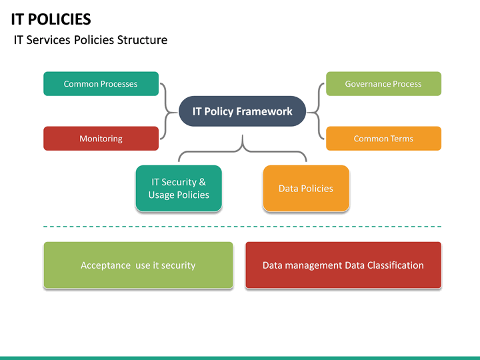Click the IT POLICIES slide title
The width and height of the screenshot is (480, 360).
pos(51,19)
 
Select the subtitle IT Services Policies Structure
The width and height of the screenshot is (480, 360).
pos(90,40)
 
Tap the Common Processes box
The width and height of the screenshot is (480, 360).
pos(101,84)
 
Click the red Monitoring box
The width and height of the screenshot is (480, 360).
pos(101,139)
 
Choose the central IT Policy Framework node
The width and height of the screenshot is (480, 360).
pos(242,111)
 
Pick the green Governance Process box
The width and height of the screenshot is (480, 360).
pos(383,84)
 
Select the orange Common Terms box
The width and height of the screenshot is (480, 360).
pos(383,139)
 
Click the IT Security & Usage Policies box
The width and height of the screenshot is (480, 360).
pos(179,189)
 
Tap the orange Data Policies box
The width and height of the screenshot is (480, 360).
pos(306,189)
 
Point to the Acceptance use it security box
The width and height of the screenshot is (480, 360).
pos(138,265)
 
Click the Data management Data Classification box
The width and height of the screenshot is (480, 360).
pos(343,265)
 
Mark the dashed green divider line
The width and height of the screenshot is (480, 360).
pos(242,227)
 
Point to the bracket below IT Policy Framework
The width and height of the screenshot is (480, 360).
pos(242,150)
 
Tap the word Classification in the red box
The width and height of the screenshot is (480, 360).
pos(393,265)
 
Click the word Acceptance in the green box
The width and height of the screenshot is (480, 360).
pos(105,265)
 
